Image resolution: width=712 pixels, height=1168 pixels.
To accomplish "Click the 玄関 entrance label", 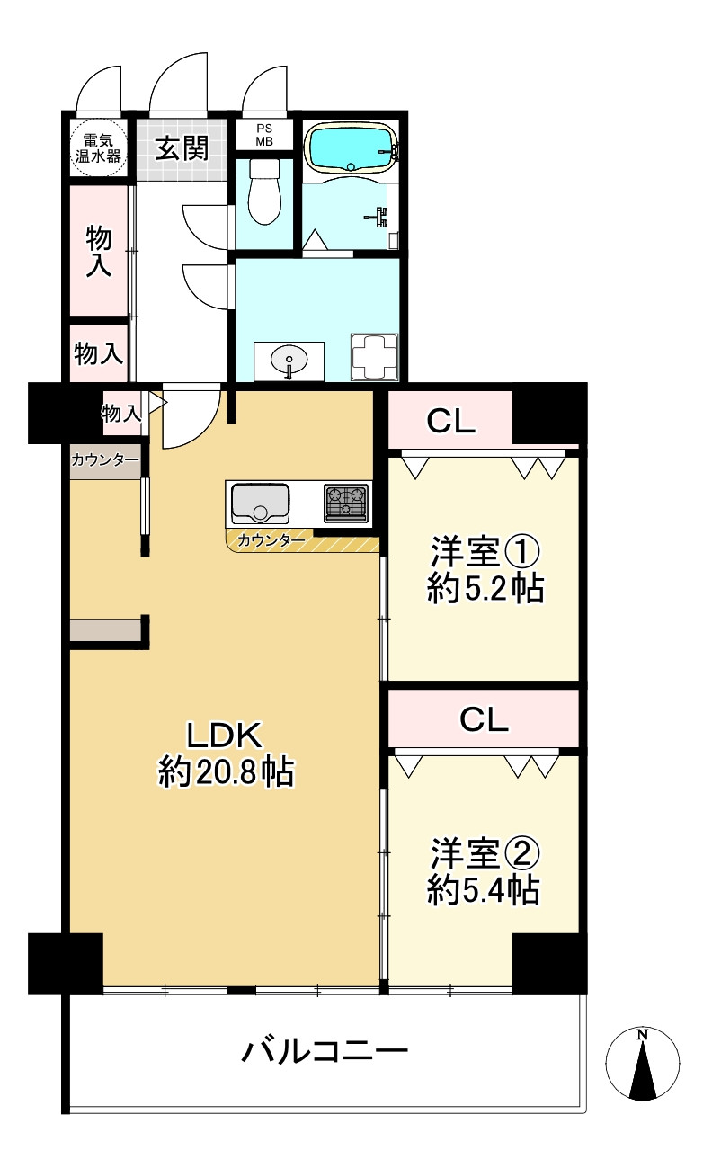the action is (182, 148).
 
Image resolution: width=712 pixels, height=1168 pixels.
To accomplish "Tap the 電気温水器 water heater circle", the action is (99, 148).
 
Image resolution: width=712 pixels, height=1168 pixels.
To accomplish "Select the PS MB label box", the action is (264, 135).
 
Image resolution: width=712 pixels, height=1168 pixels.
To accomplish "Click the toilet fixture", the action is (264, 192).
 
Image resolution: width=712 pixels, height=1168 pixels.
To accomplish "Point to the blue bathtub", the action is (351, 147).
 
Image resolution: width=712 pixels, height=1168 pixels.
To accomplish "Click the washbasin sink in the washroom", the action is (289, 360).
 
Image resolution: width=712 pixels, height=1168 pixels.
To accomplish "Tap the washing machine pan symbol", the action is (374, 357).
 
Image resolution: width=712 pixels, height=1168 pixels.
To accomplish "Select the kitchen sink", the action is (260, 504).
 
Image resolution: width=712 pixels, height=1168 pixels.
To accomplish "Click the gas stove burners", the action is (346, 504).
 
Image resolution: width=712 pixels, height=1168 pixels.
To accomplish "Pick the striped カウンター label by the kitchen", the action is (271, 540).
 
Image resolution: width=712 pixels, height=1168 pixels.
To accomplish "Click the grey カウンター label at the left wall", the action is (105, 459).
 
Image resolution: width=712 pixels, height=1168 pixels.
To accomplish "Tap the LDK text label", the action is (225, 735).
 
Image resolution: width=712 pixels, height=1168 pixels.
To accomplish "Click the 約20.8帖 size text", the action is (226, 771).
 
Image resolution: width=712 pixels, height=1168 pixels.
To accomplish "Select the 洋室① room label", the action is (485, 552).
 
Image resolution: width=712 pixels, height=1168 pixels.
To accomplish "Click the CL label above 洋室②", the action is (484, 719).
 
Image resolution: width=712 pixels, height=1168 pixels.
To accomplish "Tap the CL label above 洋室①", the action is (451, 421).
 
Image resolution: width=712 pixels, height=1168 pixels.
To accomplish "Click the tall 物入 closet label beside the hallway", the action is (99, 251).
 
